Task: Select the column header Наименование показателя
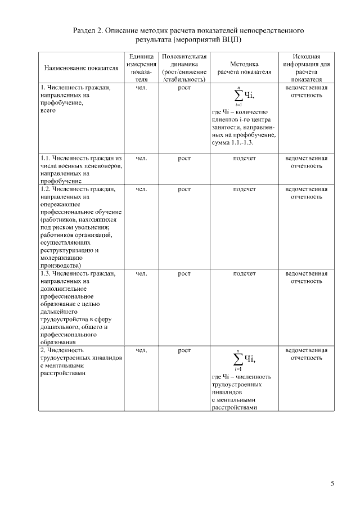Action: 81,69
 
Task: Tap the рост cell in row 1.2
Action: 184,190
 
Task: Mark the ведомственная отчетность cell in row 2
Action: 307,354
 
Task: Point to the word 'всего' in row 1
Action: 48,111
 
